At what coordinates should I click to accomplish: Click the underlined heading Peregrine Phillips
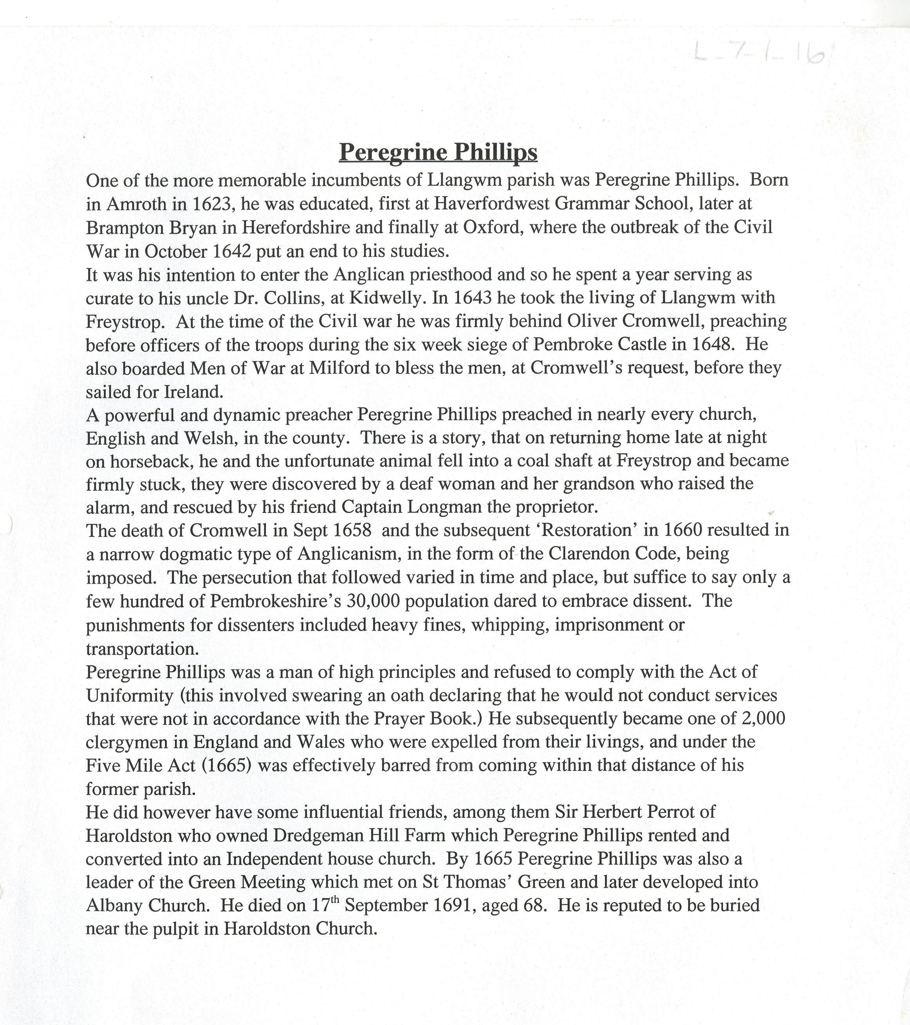[438, 152]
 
